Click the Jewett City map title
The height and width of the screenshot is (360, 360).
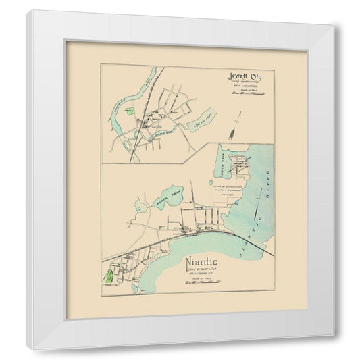245,76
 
